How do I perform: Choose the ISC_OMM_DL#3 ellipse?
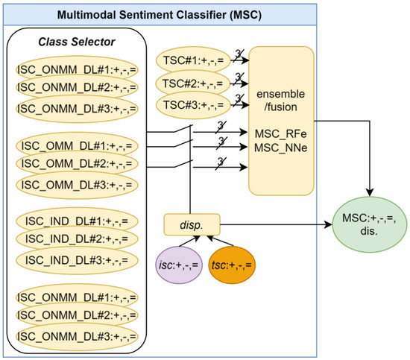click(x=75, y=184)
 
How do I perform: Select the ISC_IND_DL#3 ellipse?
click(x=75, y=259)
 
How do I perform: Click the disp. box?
click(x=192, y=222)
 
